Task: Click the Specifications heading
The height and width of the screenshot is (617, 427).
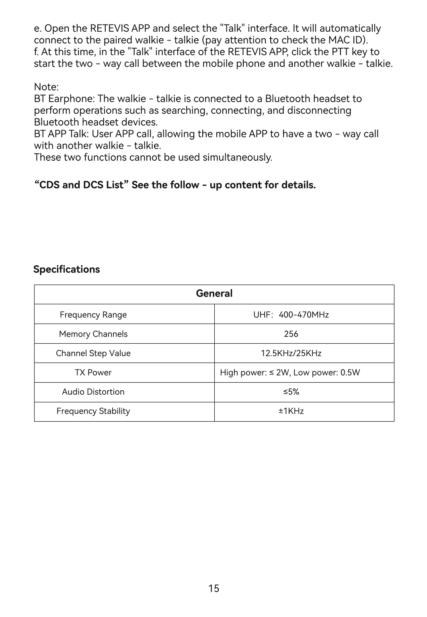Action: (66, 269)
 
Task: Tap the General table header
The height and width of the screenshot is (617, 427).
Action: (214, 293)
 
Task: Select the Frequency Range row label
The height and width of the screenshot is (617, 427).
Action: (93, 315)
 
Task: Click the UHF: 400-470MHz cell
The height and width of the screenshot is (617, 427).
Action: (291, 315)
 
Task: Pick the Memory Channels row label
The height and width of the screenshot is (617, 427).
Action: (93, 334)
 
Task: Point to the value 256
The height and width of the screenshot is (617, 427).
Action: (291, 334)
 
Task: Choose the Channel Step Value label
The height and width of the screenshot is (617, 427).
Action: (93, 353)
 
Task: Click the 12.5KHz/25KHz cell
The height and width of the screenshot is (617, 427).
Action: (291, 353)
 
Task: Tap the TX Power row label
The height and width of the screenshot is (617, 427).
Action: (93, 373)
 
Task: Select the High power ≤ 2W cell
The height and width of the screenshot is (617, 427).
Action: (289, 373)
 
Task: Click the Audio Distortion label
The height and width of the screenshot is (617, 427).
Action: (93, 392)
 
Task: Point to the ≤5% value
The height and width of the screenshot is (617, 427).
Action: (291, 392)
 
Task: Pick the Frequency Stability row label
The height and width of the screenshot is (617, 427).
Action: (93, 411)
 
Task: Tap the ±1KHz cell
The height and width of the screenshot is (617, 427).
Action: (291, 411)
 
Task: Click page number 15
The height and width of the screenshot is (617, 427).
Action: (214, 588)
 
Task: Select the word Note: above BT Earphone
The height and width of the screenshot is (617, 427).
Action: (46, 87)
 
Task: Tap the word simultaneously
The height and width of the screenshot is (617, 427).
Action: (237, 157)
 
